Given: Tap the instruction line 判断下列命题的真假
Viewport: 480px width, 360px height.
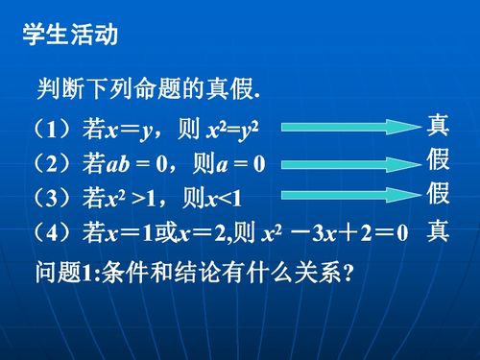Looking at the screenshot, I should click(x=149, y=89).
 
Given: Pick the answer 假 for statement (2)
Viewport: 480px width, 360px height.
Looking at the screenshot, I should click(x=438, y=159).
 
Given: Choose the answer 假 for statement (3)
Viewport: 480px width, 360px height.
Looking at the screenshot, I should click(x=438, y=194).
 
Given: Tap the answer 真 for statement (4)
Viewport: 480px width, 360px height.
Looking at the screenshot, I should click(x=438, y=231).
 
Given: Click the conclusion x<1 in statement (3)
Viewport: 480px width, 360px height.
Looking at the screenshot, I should click(x=227, y=199).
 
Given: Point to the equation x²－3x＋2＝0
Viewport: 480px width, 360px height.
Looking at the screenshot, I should click(x=335, y=233).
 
